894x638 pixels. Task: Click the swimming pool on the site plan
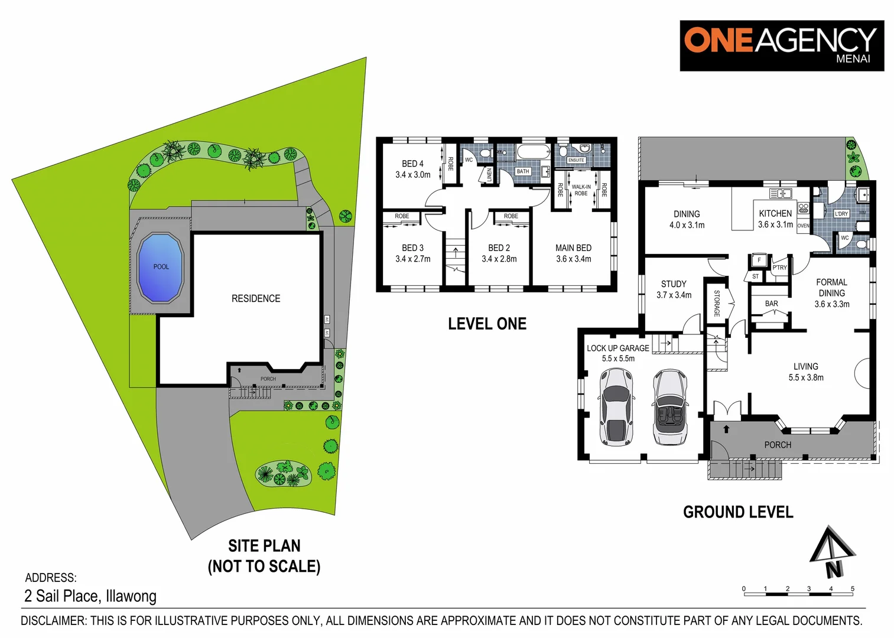click(x=160, y=268)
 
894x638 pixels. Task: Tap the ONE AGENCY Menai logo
click(x=781, y=45)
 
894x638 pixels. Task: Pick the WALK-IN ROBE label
click(x=581, y=190)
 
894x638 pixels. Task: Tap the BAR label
click(x=771, y=304)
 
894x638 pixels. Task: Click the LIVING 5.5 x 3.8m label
click(x=805, y=372)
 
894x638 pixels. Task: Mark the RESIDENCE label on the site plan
click(x=256, y=298)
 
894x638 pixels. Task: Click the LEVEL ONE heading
click(x=487, y=324)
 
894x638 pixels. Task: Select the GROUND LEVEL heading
click(x=738, y=512)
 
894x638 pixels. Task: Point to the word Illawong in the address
click(x=131, y=596)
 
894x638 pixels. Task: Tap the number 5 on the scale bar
click(x=852, y=589)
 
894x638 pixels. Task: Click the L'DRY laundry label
click(x=841, y=214)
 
